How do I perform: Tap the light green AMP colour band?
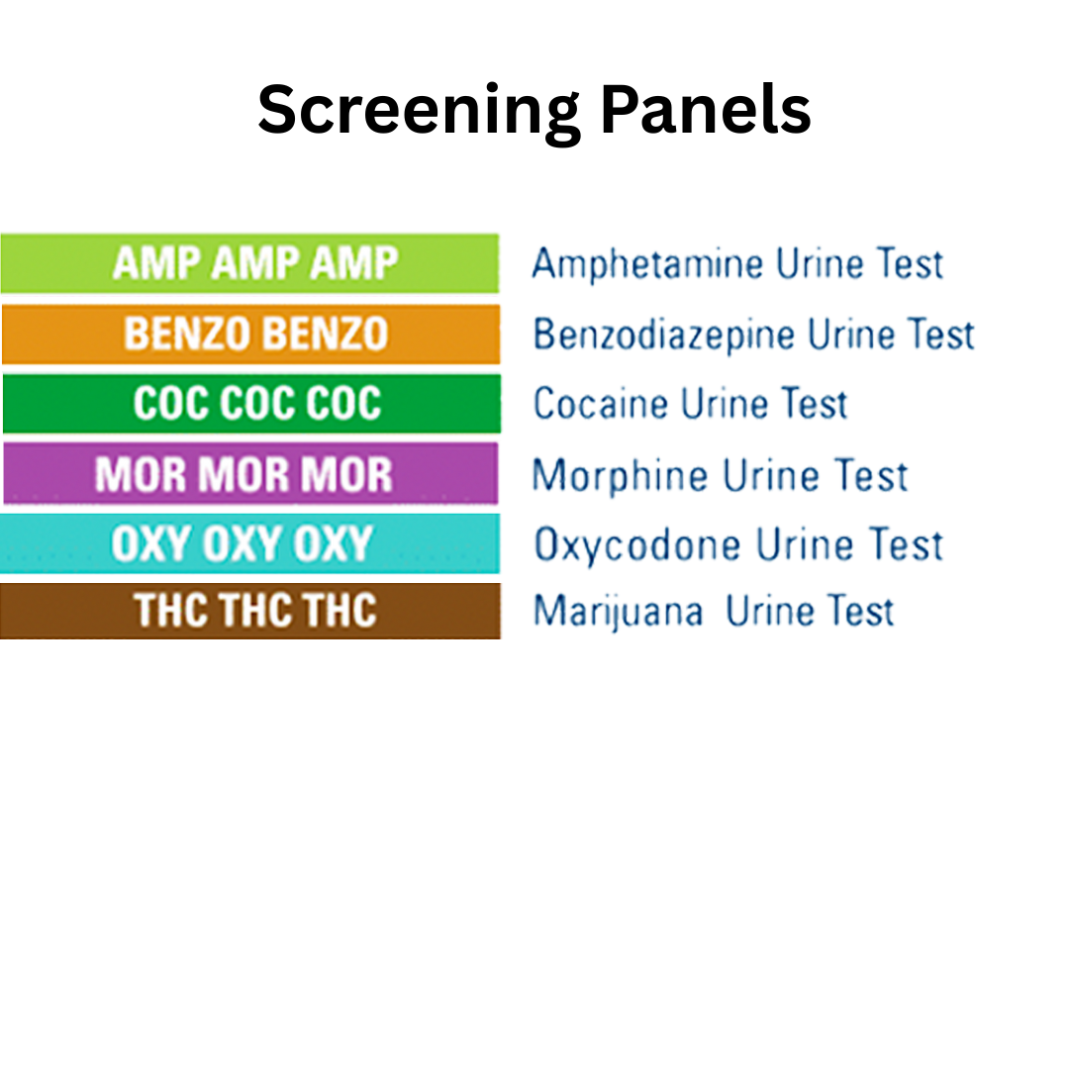(250, 263)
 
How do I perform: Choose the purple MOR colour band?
(250, 474)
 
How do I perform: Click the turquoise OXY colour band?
(250, 543)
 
